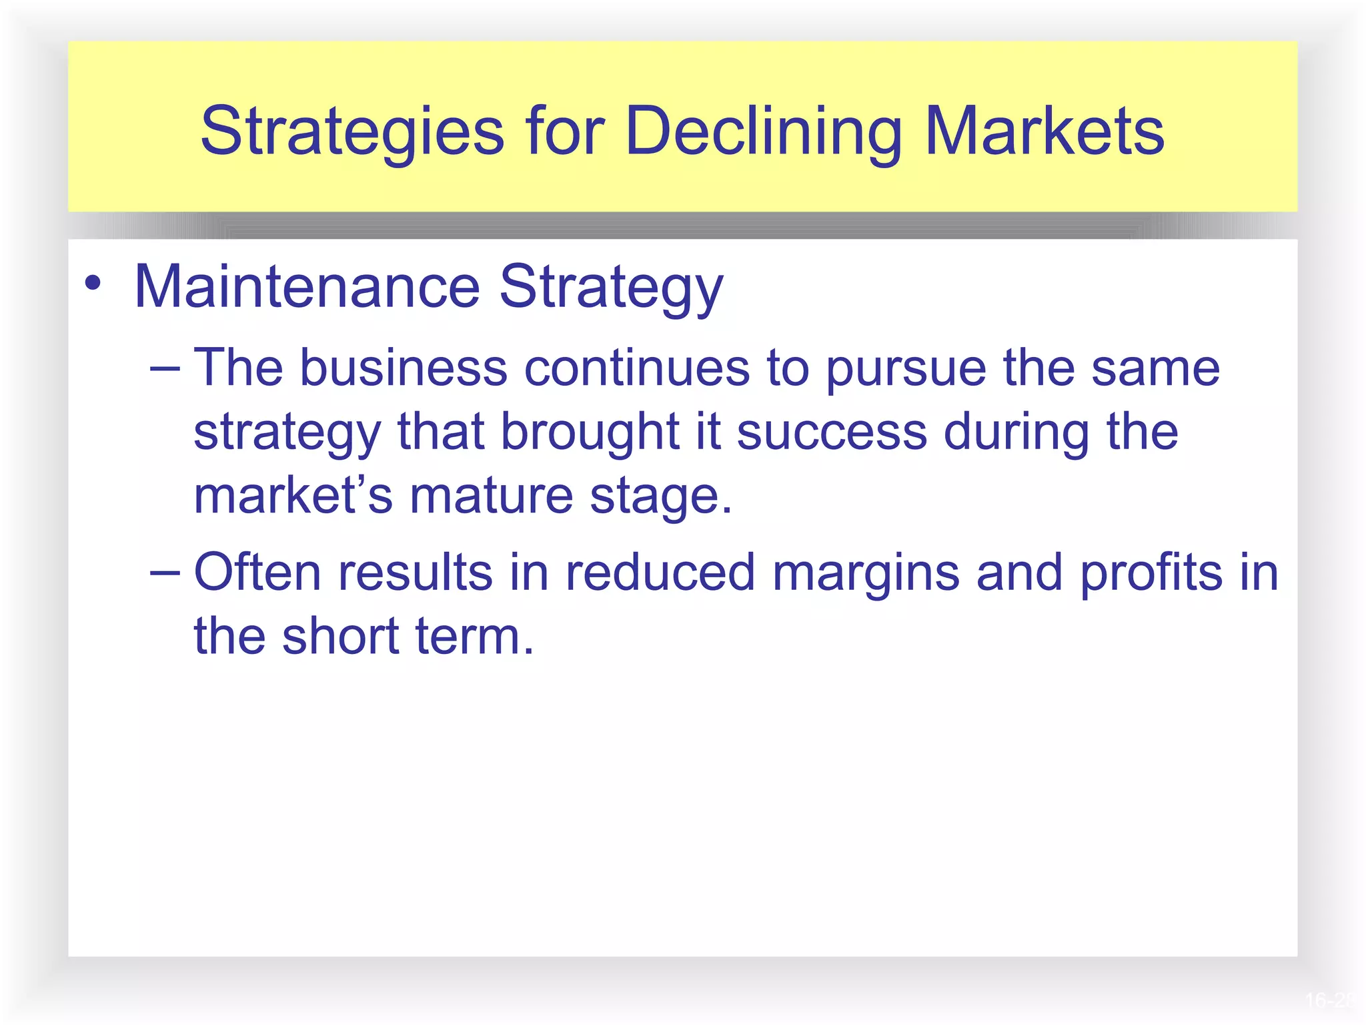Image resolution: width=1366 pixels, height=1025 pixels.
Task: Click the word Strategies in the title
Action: tap(352, 131)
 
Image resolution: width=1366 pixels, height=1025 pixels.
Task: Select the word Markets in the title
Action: tap(1045, 131)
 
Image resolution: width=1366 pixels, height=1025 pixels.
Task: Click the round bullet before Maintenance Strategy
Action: tap(93, 283)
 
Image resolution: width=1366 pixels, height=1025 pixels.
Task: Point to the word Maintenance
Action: tap(307, 287)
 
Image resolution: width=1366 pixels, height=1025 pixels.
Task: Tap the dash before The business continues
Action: tap(165, 368)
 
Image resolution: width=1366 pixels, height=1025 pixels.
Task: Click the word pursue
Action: tap(906, 368)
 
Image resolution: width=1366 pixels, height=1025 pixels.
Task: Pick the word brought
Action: tap(590, 432)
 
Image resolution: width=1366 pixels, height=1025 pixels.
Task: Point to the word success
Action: tap(832, 432)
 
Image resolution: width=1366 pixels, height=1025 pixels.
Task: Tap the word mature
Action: tap(491, 496)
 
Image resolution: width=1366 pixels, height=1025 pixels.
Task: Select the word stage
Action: tap(660, 496)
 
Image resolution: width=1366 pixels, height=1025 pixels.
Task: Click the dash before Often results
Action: tap(165, 573)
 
